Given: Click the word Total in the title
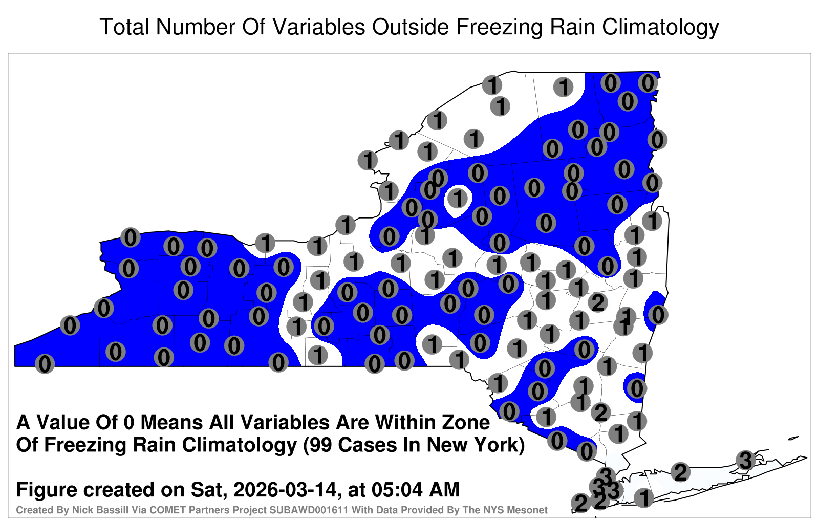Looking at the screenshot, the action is point(124,27).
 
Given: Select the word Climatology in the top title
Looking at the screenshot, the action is point(660,28).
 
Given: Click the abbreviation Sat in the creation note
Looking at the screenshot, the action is point(207,489).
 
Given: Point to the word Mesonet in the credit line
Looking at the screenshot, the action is point(531,510).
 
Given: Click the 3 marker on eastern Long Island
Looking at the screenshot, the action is point(745,460).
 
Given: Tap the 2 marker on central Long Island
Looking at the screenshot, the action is point(680,472).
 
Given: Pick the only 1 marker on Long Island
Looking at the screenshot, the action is point(643,497).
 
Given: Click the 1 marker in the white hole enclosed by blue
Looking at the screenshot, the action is point(458,199).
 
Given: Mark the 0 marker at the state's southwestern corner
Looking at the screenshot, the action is point(45,364).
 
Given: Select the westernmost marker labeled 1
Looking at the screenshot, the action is point(265,243).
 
